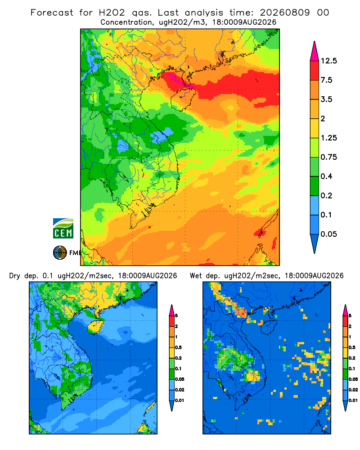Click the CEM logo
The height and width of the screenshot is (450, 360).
(63, 228)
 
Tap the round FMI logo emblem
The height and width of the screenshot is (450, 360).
(60, 252)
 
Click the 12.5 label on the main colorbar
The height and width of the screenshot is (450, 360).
(328, 61)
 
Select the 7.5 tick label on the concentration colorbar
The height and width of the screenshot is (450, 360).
(326, 80)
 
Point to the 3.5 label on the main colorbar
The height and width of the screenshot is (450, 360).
(326, 99)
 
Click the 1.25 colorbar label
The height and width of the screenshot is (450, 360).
(328, 138)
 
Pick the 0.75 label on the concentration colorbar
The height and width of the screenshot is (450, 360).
(328, 157)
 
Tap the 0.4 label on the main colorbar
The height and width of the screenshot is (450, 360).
(326, 176)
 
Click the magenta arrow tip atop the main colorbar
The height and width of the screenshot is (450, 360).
(315, 42)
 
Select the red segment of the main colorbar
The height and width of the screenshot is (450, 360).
(315, 70)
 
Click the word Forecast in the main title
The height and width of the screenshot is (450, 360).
(52, 13)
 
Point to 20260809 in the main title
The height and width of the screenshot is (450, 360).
(285, 13)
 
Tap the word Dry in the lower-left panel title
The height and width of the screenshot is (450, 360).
(15, 276)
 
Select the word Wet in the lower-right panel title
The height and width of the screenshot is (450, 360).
(196, 276)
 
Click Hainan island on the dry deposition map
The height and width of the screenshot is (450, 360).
(95, 326)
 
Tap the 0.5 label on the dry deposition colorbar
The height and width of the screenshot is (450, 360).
(178, 347)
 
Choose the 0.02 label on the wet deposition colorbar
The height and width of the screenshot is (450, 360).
(353, 390)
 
